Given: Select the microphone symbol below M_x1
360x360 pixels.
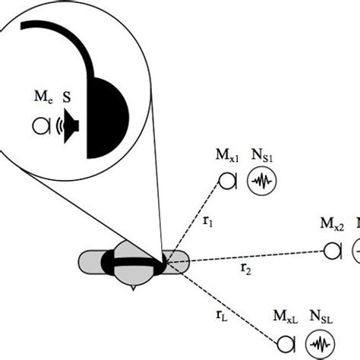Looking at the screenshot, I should click(x=228, y=181).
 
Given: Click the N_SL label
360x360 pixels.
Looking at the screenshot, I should click(x=318, y=320).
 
